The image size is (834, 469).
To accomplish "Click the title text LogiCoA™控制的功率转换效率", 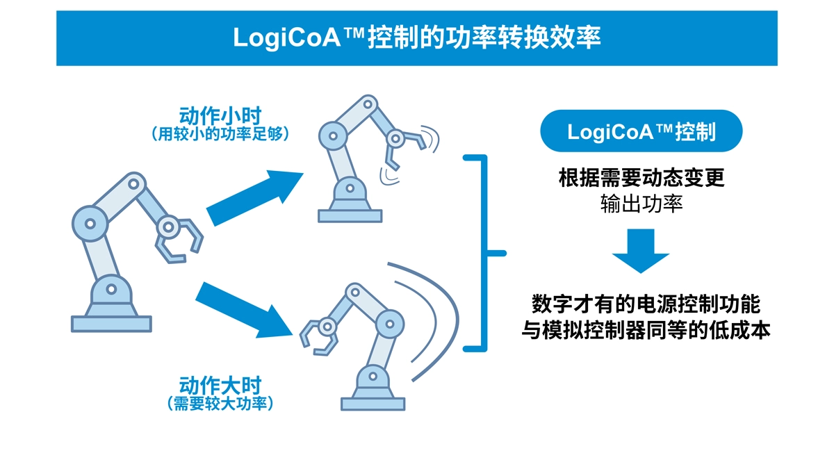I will [416, 38].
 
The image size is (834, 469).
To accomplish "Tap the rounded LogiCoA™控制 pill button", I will [641, 131].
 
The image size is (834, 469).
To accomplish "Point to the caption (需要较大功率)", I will [220, 404].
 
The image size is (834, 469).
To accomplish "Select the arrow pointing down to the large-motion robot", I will [243, 306].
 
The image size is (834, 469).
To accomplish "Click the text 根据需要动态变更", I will [641, 179].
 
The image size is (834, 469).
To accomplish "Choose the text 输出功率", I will [641, 204].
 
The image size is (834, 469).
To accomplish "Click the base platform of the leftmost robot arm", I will [111, 323].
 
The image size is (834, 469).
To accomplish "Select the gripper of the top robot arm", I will [406, 146].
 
